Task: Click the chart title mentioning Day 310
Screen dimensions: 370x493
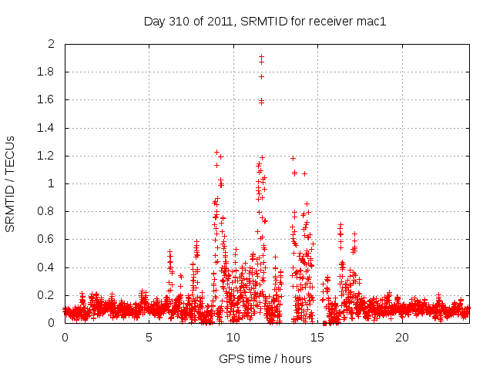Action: pyautogui.click(x=264, y=21)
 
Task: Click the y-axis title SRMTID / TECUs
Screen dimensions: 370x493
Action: pyautogui.click(x=10, y=184)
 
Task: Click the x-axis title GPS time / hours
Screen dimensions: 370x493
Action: pyautogui.click(x=264, y=358)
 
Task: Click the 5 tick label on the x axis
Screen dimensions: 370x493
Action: pyautogui.click(x=149, y=338)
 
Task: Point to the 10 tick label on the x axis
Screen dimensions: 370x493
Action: pyautogui.click(x=233, y=338)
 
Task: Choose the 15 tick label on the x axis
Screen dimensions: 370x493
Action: pyautogui.click(x=318, y=338)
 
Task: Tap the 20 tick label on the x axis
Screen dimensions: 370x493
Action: pyautogui.click(x=402, y=338)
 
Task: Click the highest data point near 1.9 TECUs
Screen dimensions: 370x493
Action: pyautogui.click(x=261, y=56)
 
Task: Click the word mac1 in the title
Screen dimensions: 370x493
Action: pyautogui.click(x=371, y=21)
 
